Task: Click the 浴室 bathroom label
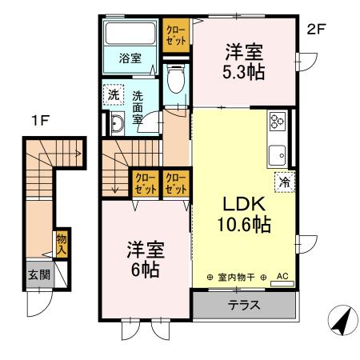[x=130, y=58]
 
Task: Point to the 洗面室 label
[x=138, y=102]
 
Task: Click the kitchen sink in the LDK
[x=278, y=154]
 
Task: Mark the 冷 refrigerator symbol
[x=284, y=182]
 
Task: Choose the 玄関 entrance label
[x=38, y=274]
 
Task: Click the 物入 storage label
[x=61, y=242]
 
